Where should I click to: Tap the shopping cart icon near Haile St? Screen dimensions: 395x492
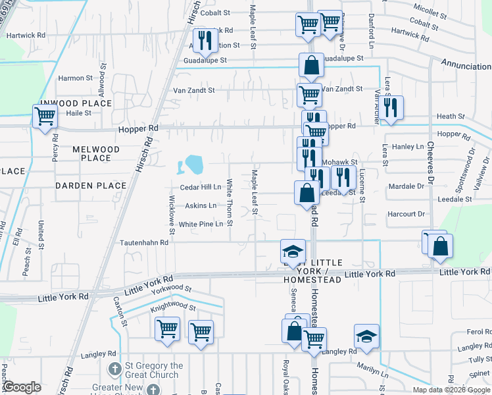pyautogui.click(x=45, y=117)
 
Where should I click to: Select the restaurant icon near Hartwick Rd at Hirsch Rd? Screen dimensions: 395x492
pyautogui.click(x=205, y=40)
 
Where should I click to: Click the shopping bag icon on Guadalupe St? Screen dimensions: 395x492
pyautogui.click(x=311, y=65)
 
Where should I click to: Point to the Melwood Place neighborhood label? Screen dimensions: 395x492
pyautogui.click(x=96, y=153)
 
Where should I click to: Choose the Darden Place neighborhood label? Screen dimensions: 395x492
pyautogui.click(x=90, y=186)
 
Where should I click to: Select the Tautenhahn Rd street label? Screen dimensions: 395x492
pyautogui.click(x=144, y=242)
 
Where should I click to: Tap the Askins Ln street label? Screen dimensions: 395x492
pyautogui.click(x=201, y=205)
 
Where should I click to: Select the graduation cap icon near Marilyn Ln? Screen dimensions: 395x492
pyautogui.click(x=366, y=336)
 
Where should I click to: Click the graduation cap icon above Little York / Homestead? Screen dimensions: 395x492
pyautogui.click(x=293, y=251)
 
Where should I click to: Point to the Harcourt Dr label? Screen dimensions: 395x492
pyautogui.click(x=406, y=214)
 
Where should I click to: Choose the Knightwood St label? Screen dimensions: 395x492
pyautogui.click(x=173, y=307)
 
